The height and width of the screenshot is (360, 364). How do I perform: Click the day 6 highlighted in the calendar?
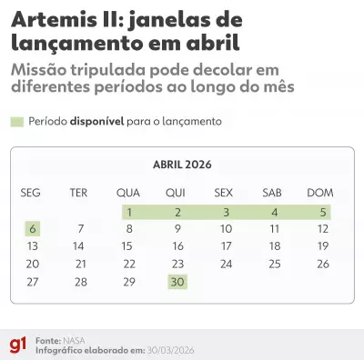[x=33, y=228]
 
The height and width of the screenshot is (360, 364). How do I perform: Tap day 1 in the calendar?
[x=129, y=211]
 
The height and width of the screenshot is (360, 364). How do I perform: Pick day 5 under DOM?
[x=322, y=211]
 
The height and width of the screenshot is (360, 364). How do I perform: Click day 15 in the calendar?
[x=128, y=245]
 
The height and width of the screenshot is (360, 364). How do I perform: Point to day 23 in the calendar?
[x=177, y=264]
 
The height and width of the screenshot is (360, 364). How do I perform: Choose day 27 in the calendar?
[x=33, y=282]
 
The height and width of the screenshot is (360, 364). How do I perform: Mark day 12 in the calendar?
[x=322, y=228]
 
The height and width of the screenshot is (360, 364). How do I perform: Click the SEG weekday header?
[x=32, y=192]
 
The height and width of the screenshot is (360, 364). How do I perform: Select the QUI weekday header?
[x=177, y=192]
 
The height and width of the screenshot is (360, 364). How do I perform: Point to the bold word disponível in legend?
[x=106, y=121]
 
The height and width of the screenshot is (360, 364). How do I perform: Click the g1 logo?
[x=16, y=344]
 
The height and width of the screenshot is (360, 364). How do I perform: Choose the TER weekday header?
[x=79, y=192]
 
